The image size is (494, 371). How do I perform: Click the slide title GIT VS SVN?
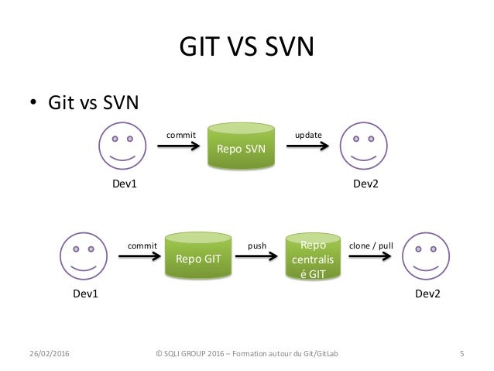tap(246, 48)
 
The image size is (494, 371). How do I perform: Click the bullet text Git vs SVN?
tap(94, 102)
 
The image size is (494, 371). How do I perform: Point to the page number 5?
tap(461, 356)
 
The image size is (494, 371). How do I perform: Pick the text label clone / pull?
tap(372, 246)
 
